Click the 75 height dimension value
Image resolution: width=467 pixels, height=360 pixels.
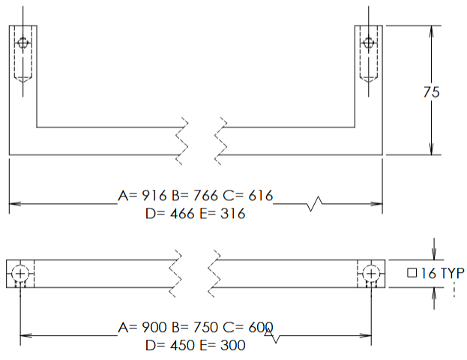pyautogui.click(x=431, y=92)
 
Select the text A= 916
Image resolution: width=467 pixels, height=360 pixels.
pyautogui.click(x=143, y=196)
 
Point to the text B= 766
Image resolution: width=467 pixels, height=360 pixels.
pyautogui.click(x=195, y=196)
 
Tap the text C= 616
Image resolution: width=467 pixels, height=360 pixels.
pyautogui.click(x=247, y=196)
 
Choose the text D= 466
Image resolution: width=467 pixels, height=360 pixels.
pyautogui.click(x=169, y=214)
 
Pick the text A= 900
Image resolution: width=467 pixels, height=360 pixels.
pyautogui.click(x=143, y=328)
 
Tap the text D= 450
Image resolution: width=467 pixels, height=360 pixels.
pyautogui.click(x=169, y=345)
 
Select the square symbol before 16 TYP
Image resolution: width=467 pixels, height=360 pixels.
pyautogui.click(x=412, y=274)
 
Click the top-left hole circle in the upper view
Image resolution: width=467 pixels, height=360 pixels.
pyautogui.click(x=22, y=43)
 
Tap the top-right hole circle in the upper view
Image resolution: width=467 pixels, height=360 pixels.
pyautogui.click(x=370, y=43)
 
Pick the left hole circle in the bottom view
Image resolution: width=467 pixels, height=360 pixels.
pyautogui.click(x=20, y=274)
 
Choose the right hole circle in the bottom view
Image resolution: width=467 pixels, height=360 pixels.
pyautogui.click(x=372, y=274)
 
